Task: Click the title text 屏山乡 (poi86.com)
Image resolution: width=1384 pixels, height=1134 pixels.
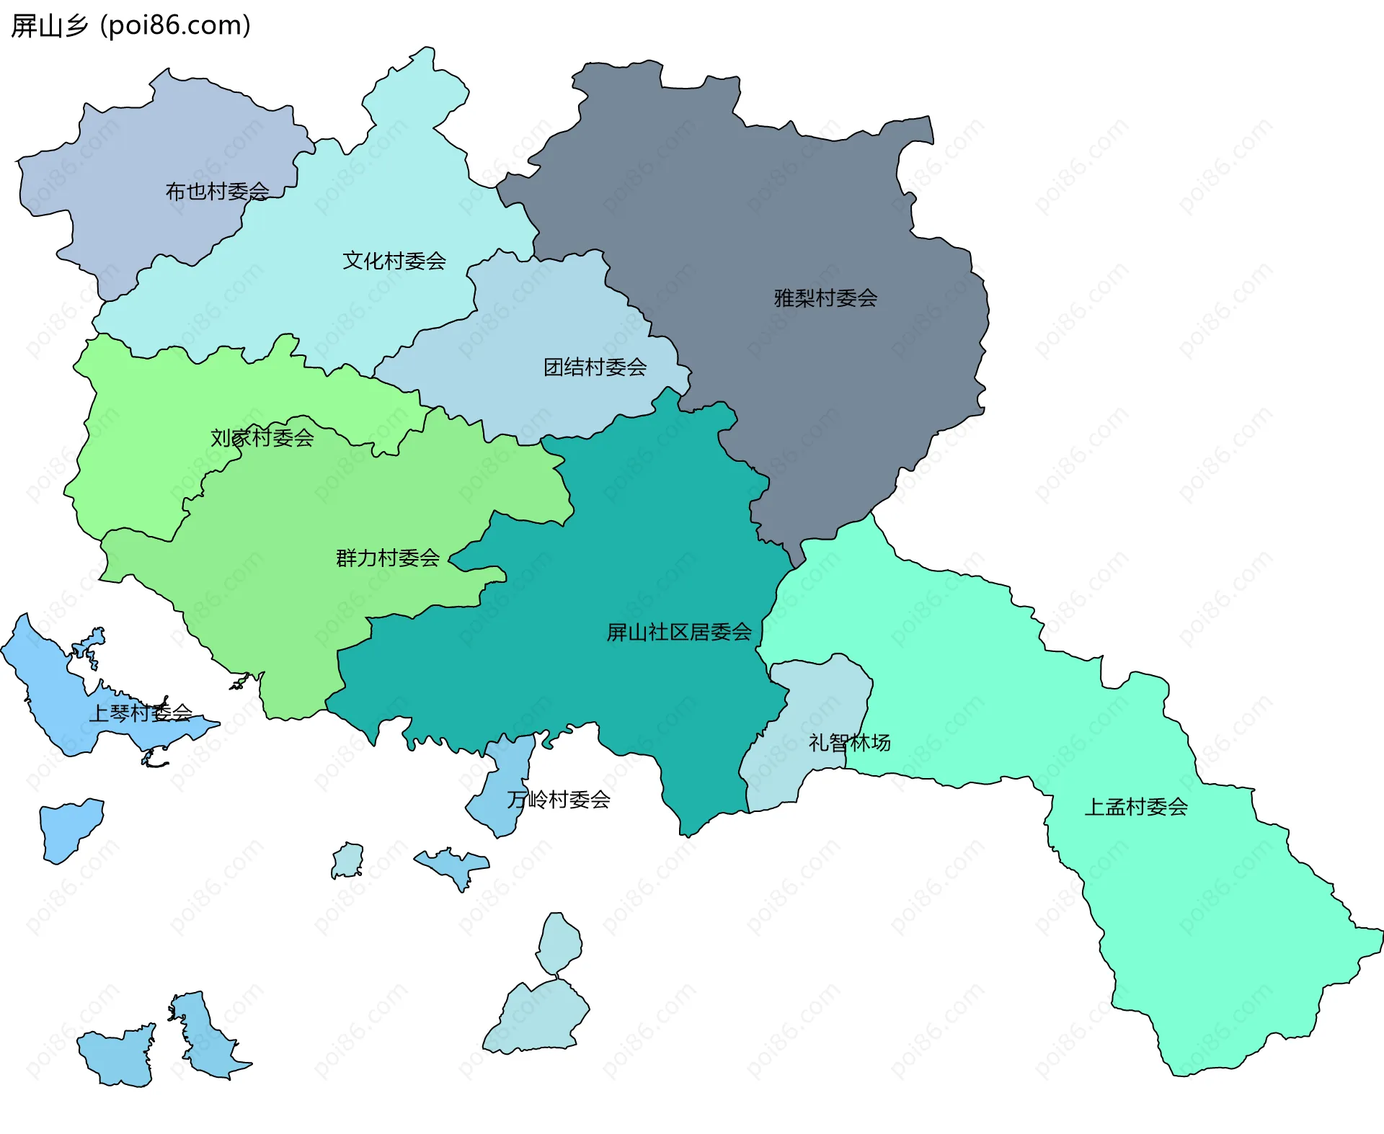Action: [x=130, y=26]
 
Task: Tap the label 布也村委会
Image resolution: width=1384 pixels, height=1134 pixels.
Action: [x=217, y=192]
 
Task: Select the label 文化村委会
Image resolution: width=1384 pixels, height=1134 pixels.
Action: [x=394, y=261]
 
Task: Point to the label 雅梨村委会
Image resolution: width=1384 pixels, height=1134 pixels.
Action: [x=825, y=298]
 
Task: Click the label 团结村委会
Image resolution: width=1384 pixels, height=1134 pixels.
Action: [x=595, y=367]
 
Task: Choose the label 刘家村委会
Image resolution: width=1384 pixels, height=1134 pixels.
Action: [x=262, y=437]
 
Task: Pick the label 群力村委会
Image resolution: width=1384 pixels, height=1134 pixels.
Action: [x=388, y=558]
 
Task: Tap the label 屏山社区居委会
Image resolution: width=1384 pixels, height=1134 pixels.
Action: [x=678, y=633]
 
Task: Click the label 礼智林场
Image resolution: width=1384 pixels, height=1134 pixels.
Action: [x=849, y=743]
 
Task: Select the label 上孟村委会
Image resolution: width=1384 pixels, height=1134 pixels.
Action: [x=1136, y=807]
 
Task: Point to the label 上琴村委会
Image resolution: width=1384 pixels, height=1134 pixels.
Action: [x=141, y=713]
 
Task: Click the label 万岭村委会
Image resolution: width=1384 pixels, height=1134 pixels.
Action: [x=559, y=800]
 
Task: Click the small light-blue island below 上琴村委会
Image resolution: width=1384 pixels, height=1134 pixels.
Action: [x=70, y=829]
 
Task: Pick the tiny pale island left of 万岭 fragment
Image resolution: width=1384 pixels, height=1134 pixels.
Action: [x=348, y=860]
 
